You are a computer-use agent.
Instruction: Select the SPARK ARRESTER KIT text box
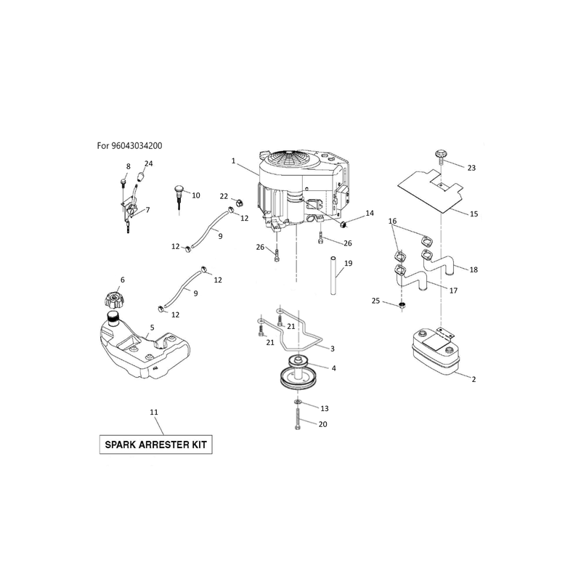pos(155,444)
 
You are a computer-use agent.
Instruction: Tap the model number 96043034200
pos(137,146)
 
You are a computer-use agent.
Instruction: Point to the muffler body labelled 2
pos(435,350)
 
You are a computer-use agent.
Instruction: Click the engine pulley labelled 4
pos(297,373)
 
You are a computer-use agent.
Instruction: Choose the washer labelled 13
pos(298,402)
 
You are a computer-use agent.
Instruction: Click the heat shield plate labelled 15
pos(431,190)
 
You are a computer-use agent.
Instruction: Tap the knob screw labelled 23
pos(439,155)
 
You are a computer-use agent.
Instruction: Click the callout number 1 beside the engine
pos(233,161)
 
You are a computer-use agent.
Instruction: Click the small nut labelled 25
pos(402,306)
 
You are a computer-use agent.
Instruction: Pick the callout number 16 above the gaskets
pos(392,222)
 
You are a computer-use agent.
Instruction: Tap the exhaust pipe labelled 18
pos(437,262)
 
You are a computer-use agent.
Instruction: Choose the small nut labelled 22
pos(239,203)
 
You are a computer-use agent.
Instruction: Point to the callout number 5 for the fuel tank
pos(152,328)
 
